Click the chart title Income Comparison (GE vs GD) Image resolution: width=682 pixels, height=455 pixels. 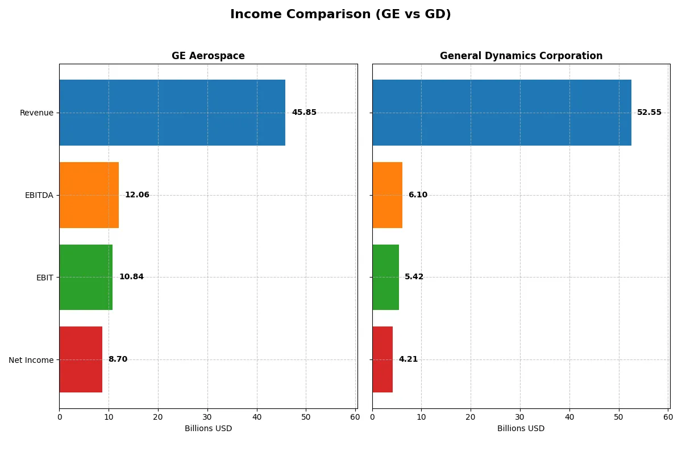click(x=340, y=15)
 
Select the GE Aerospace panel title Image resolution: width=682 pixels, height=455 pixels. click(x=208, y=56)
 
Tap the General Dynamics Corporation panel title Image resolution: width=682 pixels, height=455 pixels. click(x=521, y=56)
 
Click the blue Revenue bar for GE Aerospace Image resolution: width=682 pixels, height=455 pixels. click(x=172, y=113)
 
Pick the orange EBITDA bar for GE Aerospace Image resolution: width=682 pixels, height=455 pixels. click(x=89, y=195)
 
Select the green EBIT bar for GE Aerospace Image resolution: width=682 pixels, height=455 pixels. click(x=86, y=277)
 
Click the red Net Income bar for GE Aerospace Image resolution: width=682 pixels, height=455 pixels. click(x=81, y=359)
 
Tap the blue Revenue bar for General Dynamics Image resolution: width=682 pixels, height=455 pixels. click(x=501, y=113)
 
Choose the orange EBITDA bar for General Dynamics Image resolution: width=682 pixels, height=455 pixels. click(x=387, y=195)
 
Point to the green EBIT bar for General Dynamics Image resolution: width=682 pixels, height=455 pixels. click(x=385, y=277)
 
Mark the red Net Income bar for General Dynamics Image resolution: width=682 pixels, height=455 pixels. click(x=382, y=359)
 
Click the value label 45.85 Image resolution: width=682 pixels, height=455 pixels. click(x=304, y=113)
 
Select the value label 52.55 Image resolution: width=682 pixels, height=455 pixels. click(x=649, y=113)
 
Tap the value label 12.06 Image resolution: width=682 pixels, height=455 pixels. click(x=137, y=195)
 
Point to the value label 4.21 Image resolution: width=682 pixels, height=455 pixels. click(x=408, y=359)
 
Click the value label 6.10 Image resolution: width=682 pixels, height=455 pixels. click(x=418, y=195)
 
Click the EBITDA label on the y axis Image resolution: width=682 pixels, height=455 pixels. click(x=39, y=195)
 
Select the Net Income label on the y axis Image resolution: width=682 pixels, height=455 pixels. click(x=31, y=360)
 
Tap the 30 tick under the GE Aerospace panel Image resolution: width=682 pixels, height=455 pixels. click(x=207, y=417)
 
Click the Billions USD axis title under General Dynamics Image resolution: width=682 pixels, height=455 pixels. click(x=521, y=429)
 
